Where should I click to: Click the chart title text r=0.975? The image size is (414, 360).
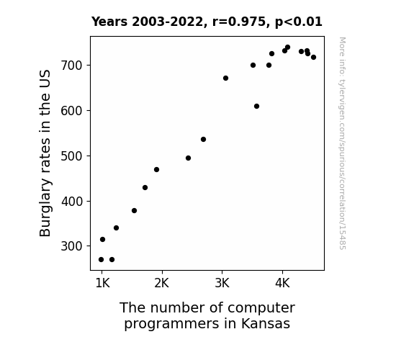click(x=239, y=22)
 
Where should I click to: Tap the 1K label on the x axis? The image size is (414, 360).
click(x=102, y=284)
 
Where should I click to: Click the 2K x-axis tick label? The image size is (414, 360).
click(x=161, y=284)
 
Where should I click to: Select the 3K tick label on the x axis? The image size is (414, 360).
click(x=222, y=284)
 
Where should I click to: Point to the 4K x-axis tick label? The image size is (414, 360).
click(x=282, y=284)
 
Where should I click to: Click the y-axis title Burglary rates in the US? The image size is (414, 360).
click(x=45, y=153)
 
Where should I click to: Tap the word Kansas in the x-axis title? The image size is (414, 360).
click(x=266, y=323)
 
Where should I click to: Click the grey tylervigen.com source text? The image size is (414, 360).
click(x=342, y=143)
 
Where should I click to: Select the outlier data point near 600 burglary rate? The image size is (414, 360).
click(x=256, y=106)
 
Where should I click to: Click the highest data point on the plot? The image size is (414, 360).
click(x=287, y=48)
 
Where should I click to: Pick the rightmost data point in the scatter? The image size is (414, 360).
click(x=313, y=58)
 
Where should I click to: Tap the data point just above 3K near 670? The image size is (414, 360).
click(x=225, y=78)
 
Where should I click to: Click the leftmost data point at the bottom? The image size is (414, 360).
click(x=101, y=260)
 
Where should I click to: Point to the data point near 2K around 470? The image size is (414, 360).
click(x=156, y=170)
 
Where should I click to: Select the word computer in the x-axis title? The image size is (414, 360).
click(x=261, y=308)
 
